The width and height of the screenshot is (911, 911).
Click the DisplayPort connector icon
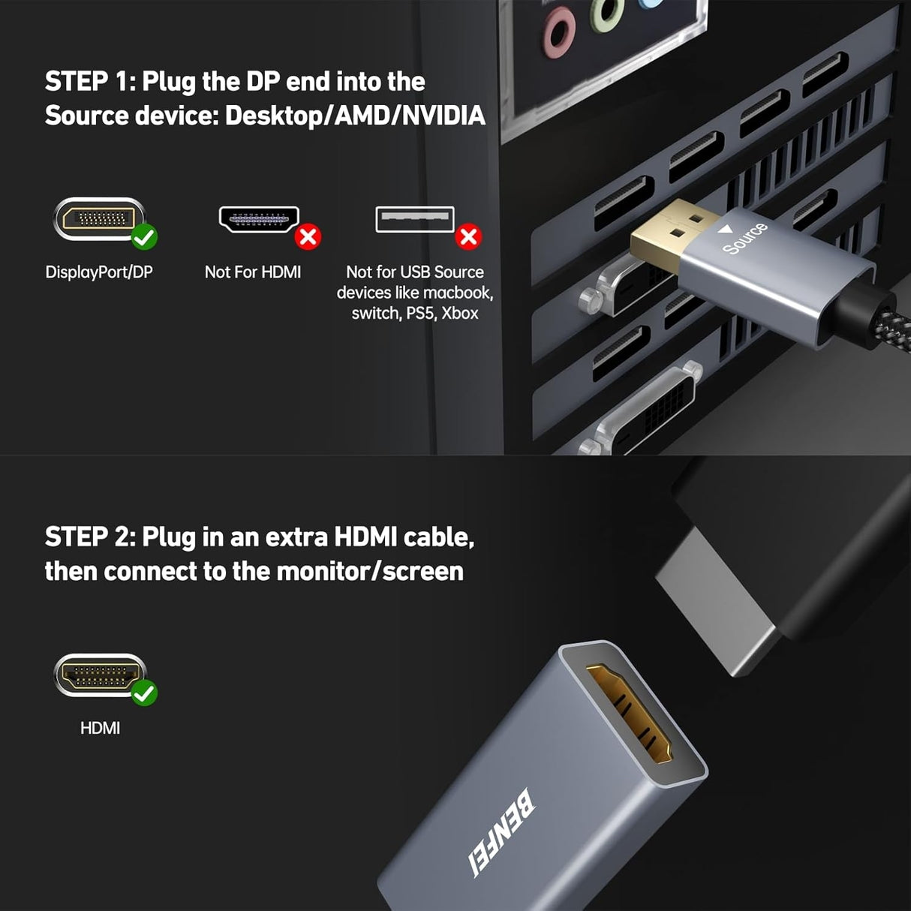tap(98, 218)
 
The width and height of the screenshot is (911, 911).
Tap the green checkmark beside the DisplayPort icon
tap(144, 237)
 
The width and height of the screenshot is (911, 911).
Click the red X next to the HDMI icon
tap(308, 236)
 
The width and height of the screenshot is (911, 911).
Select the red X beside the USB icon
tap(469, 236)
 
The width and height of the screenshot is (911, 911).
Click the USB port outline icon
tap(414, 219)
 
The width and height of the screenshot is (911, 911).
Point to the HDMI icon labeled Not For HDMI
tap(258, 218)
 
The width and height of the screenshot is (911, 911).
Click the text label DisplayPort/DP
tap(98, 272)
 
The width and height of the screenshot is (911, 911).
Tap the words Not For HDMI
tap(253, 272)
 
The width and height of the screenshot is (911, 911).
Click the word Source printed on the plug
tap(744, 239)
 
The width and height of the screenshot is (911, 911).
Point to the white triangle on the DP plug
tap(725, 230)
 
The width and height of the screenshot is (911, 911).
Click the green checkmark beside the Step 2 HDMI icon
tap(144, 693)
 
